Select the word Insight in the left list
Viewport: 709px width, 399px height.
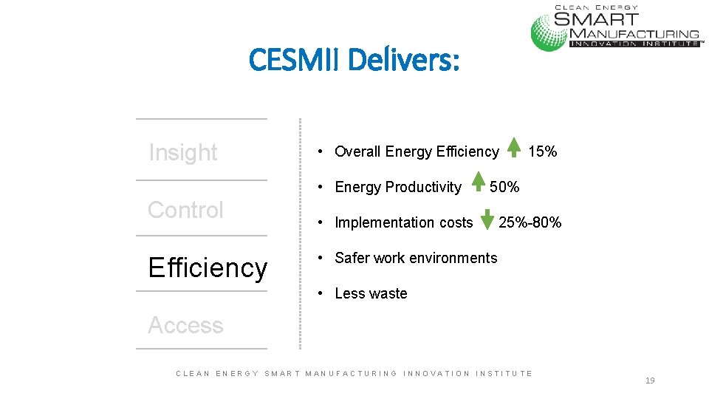tap(183, 153)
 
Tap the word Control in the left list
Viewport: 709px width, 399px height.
tap(185, 210)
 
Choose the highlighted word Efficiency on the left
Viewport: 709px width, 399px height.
tap(208, 267)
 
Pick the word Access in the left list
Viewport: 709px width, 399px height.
tap(185, 325)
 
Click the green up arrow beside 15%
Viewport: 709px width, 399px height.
tap(514, 148)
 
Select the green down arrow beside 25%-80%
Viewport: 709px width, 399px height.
tap(487, 220)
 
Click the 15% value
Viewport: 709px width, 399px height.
tap(543, 151)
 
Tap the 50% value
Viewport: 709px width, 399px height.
tap(504, 187)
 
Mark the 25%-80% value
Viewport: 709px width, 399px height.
tap(530, 222)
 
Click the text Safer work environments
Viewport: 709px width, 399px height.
tap(416, 258)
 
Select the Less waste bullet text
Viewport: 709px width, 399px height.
tap(371, 293)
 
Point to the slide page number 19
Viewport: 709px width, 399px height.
tap(650, 381)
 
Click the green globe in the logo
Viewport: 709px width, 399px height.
tap(549, 31)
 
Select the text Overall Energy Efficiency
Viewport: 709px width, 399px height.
tap(417, 151)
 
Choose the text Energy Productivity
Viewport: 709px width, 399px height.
tap(397, 187)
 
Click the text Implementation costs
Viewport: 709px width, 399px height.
tap(403, 222)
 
